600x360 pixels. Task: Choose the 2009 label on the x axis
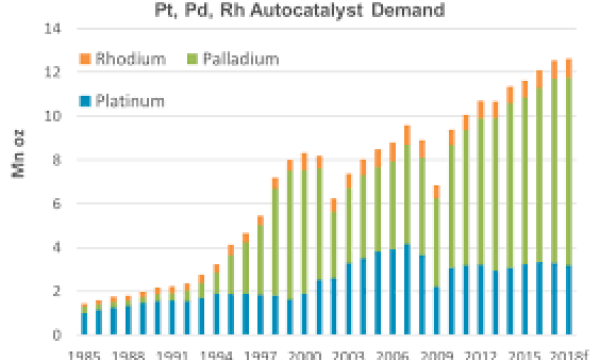click(436, 352)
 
